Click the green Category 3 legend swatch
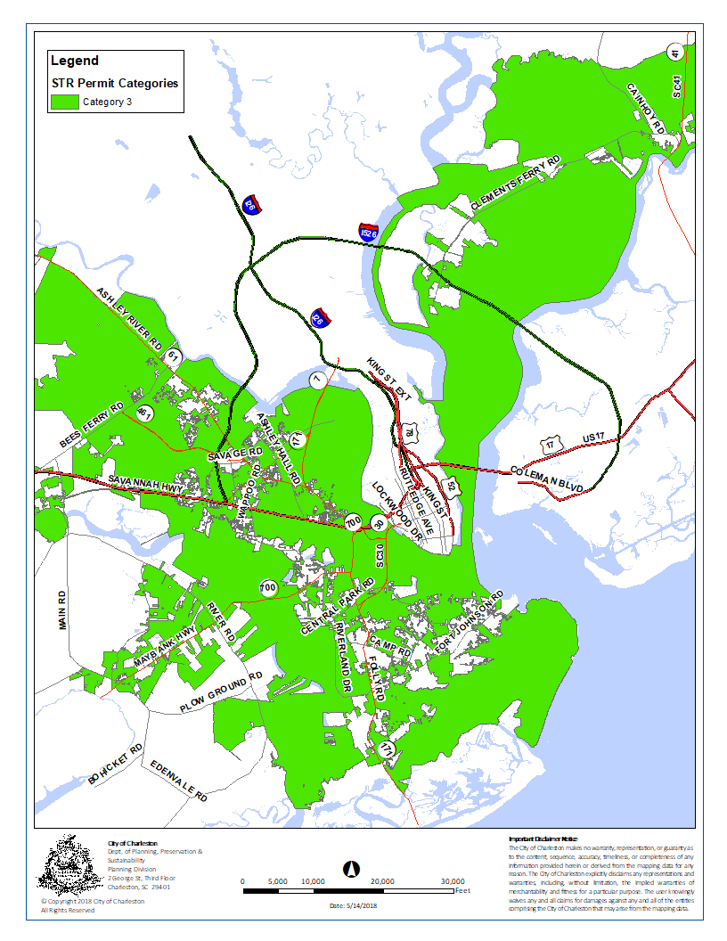(x=64, y=101)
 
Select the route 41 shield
(x=675, y=53)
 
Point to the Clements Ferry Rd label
(x=516, y=184)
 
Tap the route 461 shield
(x=144, y=413)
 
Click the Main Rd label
(x=63, y=610)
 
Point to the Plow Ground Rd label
(x=221, y=693)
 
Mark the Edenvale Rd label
(x=178, y=781)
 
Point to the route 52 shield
(x=452, y=487)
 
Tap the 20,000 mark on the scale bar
(x=382, y=880)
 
